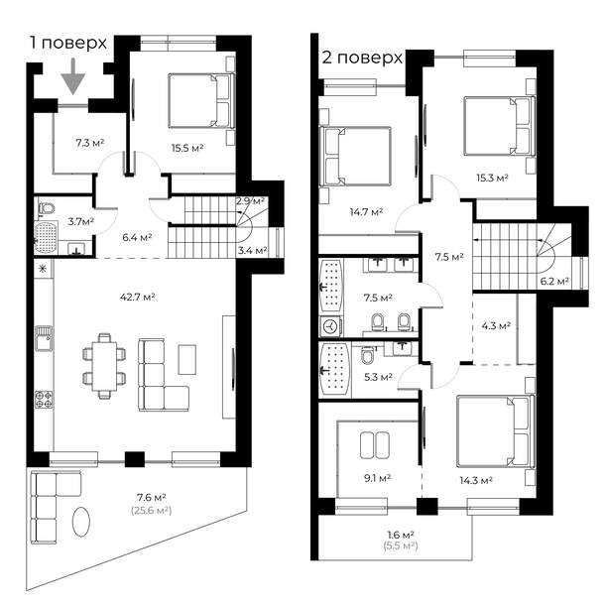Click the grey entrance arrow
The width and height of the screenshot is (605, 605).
[72, 77]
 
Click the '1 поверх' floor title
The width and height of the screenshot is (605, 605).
[68, 43]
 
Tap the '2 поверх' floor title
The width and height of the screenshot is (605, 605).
[362, 58]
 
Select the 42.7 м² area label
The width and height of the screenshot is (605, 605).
[138, 298]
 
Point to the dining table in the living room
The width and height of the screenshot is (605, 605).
[104, 366]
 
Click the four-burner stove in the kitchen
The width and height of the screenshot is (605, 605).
[44, 400]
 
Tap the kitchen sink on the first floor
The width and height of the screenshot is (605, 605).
[44, 338]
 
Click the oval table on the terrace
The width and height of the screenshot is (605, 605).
[81, 522]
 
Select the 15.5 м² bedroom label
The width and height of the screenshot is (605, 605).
[187, 148]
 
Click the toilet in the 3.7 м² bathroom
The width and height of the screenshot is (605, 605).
[47, 208]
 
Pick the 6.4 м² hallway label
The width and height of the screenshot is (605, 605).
[137, 237]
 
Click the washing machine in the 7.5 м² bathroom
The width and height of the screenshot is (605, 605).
[330, 326]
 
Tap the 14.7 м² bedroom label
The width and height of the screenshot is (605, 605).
[366, 212]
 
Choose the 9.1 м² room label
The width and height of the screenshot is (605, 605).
[378, 478]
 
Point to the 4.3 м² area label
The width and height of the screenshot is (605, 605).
[496, 326]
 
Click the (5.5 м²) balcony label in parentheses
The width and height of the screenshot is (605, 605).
[401, 545]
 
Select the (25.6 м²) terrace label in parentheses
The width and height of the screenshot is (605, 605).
[151, 511]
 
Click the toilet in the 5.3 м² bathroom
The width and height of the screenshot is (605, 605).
[368, 355]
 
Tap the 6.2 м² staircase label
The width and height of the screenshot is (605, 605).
[554, 282]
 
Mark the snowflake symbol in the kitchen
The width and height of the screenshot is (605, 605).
[43, 269]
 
